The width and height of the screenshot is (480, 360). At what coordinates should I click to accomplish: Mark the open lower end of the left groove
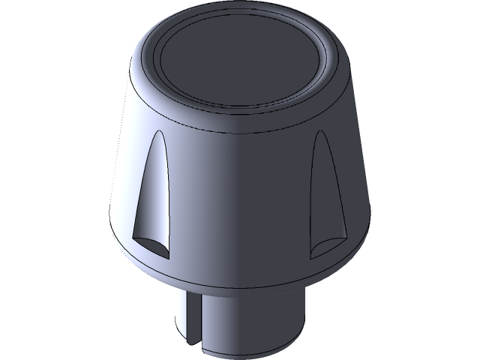pyautogui.click(x=151, y=244)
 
